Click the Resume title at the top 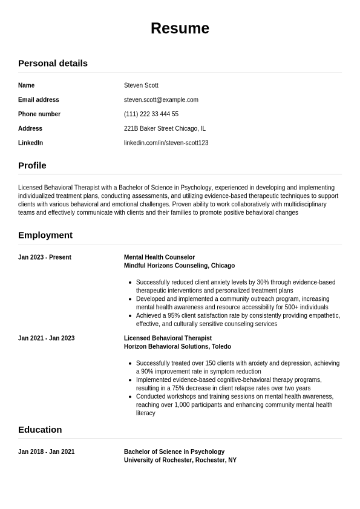point(180,28)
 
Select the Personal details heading point(53,63)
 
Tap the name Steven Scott point(141,85)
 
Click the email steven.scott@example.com point(161,100)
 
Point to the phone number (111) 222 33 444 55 point(151,114)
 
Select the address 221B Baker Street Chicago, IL point(165,128)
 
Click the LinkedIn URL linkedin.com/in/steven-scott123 point(166,143)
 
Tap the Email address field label point(39,100)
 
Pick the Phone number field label point(39,114)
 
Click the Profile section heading point(32,165)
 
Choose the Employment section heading point(45,235)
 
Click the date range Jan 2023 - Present point(45,257)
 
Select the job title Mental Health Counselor point(159,257)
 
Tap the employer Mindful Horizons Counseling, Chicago point(179,266)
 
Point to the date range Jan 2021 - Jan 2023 point(47,338)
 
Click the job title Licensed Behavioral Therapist point(168,338)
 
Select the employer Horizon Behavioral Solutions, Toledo point(177,347)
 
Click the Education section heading point(40,430)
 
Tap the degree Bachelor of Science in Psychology point(174,452)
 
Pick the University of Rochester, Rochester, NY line point(180,460)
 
